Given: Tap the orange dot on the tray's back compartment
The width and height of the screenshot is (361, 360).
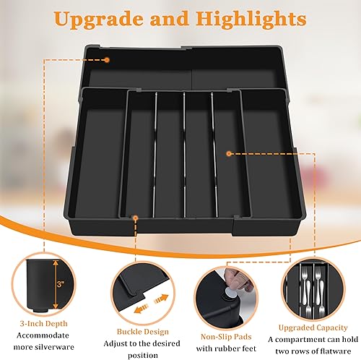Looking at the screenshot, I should (x=106, y=59).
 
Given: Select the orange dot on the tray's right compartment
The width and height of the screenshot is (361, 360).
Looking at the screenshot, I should (x=228, y=153).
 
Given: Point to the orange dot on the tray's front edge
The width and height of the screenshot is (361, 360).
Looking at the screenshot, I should (x=137, y=215).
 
